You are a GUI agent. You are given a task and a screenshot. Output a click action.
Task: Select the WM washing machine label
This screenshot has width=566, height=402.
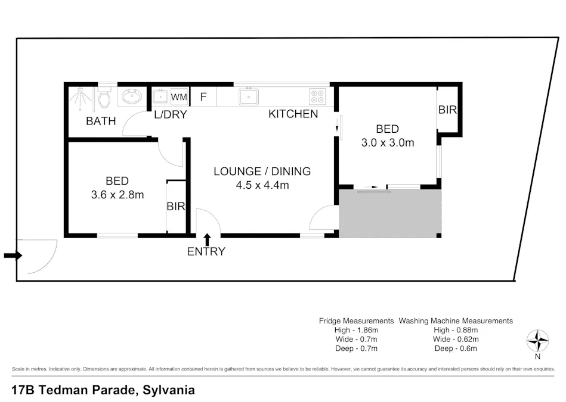(x=178, y=96)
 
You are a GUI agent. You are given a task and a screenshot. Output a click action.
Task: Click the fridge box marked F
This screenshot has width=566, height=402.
(x=203, y=96)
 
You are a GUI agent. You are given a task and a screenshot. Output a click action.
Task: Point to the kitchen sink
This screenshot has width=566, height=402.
(x=248, y=96)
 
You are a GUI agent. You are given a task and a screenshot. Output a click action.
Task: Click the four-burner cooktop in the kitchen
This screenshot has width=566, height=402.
(x=317, y=96)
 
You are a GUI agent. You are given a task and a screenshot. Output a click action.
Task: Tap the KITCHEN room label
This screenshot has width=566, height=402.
(x=293, y=114)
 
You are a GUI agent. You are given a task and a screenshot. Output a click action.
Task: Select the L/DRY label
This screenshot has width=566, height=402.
(x=171, y=115)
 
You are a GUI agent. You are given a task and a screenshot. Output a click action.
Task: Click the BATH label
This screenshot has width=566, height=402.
(x=101, y=121)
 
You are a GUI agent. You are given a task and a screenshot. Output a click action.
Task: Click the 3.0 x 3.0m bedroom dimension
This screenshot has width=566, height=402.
(x=387, y=142)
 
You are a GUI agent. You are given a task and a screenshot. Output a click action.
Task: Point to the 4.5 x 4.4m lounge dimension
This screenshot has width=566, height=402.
(x=262, y=185)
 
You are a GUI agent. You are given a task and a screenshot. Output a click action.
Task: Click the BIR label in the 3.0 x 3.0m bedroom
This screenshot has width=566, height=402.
(x=447, y=110)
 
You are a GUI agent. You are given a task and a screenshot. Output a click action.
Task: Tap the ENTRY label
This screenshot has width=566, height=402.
(x=206, y=251)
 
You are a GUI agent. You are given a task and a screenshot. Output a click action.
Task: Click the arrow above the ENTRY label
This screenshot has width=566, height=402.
(x=207, y=239)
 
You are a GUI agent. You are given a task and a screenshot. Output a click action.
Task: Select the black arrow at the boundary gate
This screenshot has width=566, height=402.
(x=13, y=256)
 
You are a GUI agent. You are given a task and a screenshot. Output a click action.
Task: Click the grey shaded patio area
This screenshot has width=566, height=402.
(x=390, y=213)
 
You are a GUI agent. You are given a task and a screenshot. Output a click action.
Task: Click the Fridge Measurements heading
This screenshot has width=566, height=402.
(x=356, y=320)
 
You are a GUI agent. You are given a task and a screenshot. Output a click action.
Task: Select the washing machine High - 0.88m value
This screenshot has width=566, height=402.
(x=456, y=330)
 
